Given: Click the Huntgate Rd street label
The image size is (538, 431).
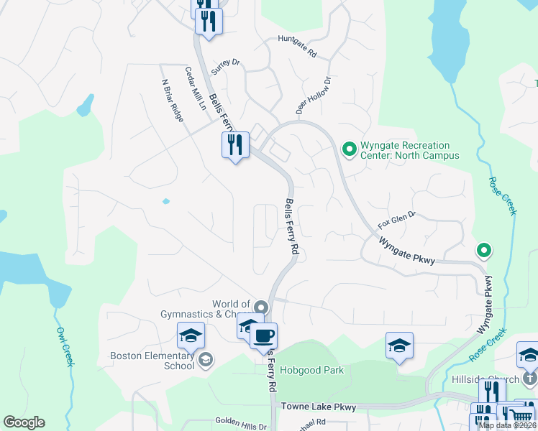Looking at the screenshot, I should [x=297, y=47].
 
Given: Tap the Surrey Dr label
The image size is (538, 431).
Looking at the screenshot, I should [x=225, y=64].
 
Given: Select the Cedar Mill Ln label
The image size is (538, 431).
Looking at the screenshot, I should [x=195, y=88].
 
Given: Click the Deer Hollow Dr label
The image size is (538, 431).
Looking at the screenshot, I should [x=313, y=96].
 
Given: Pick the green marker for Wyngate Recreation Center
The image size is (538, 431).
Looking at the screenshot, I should [x=350, y=149].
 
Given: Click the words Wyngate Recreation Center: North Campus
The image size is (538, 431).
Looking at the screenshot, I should [x=409, y=150].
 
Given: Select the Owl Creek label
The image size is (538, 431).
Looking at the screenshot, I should [x=65, y=348].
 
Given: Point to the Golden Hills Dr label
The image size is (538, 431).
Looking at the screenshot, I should [x=240, y=425].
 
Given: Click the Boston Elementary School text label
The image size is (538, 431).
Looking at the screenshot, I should [x=152, y=360].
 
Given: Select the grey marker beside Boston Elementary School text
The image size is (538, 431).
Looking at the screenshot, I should [x=205, y=360].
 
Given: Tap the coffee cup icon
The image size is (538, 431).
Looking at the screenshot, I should [x=263, y=335].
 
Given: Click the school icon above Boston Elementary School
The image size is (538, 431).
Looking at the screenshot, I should [x=191, y=334].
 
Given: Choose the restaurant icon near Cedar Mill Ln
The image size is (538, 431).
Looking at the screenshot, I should [x=235, y=145].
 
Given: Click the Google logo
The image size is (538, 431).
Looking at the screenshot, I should [x=24, y=422].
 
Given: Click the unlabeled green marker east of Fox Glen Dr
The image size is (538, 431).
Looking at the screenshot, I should [x=484, y=251].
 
